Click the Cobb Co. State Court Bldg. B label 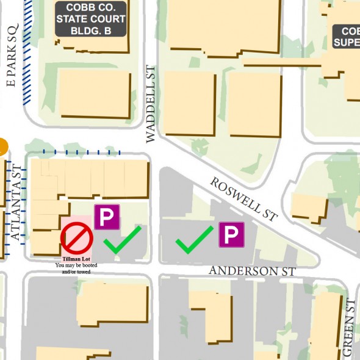point(91,18)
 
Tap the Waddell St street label point(151,104)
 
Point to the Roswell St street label point(244,198)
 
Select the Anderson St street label point(252,270)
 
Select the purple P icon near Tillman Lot point(107,217)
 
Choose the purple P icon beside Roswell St point(231,235)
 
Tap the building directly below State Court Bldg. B point(95,95)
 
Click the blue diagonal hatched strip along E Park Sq point(28,52)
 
